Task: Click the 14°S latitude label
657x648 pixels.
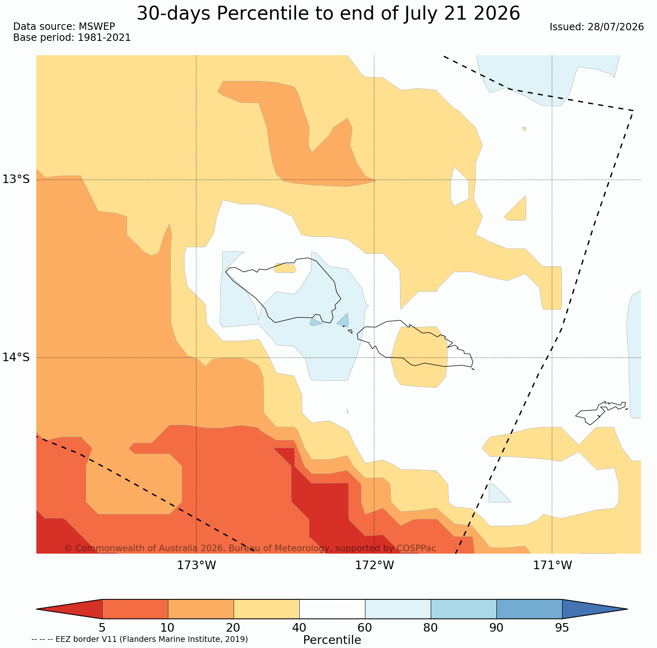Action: click(16, 357)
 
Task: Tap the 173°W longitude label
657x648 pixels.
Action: click(196, 565)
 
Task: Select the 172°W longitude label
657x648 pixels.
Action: click(374, 565)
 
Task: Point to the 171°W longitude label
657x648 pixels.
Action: click(552, 565)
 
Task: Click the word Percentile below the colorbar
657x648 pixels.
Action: click(332, 640)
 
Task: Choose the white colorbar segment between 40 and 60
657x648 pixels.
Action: click(332, 609)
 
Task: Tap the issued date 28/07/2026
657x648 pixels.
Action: click(616, 27)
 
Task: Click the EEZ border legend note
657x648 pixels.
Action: click(140, 639)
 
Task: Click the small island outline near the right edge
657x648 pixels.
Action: click(601, 413)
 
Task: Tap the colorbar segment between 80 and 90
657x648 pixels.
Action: click(464, 609)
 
